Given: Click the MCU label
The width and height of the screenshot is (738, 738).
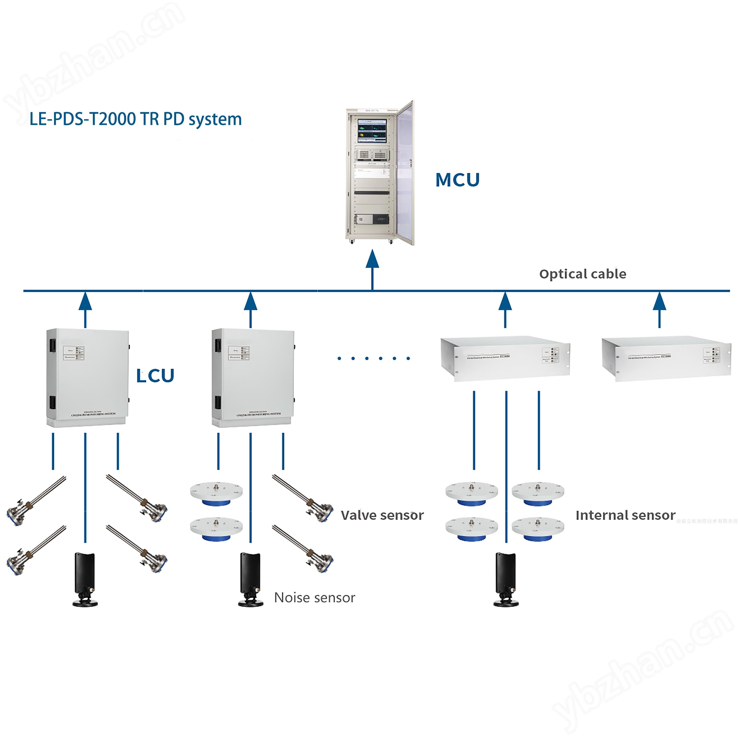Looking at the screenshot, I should (x=457, y=180).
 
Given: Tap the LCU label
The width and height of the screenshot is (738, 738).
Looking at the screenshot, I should (x=155, y=376).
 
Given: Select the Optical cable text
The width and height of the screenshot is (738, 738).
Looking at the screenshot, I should (x=583, y=274).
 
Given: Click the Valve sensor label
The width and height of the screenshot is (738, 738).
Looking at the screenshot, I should (x=382, y=515).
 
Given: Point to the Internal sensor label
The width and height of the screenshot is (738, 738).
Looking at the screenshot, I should (x=625, y=515).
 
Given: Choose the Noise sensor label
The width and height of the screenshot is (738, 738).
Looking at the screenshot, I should (x=314, y=597).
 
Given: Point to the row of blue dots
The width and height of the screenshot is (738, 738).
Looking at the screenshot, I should (x=374, y=358).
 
